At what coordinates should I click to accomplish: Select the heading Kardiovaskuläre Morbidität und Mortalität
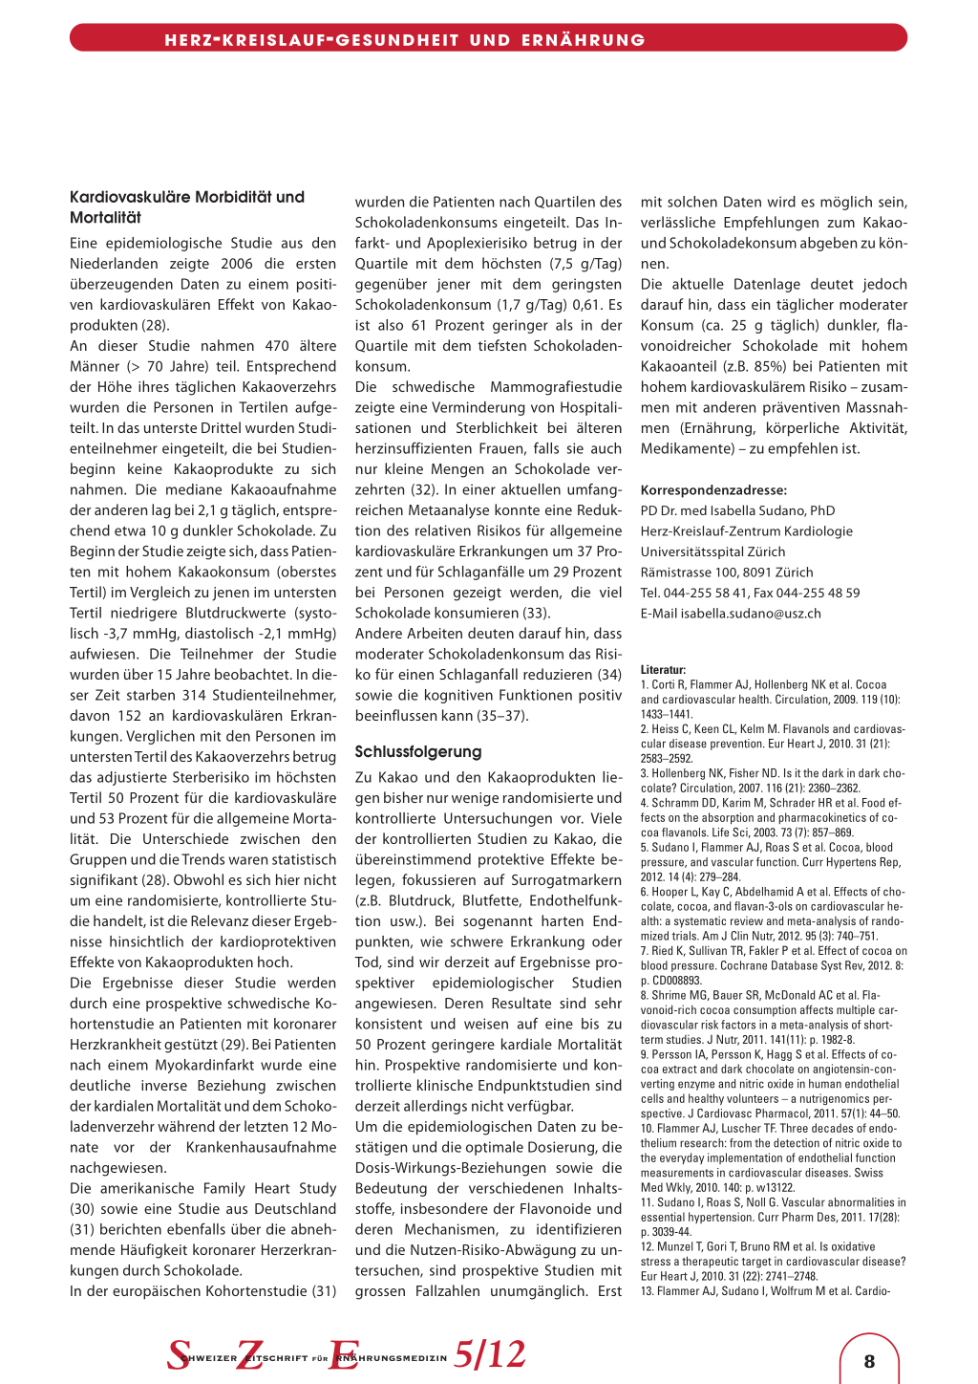tap(186, 206)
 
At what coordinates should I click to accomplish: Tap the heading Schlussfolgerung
tap(418, 751)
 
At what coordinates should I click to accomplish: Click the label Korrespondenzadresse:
tap(713, 489)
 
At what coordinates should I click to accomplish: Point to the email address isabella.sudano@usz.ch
tap(751, 613)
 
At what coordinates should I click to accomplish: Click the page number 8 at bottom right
tap(869, 1361)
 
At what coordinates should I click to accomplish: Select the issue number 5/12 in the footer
tap(490, 1354)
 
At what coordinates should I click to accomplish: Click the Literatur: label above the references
tap(663, 670)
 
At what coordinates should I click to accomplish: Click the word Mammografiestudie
tap(556, 387)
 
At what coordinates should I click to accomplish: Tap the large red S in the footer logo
tap(179, 1354)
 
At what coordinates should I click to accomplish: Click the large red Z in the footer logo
tap(251, 1354)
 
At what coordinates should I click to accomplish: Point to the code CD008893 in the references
tap(676, 980)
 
